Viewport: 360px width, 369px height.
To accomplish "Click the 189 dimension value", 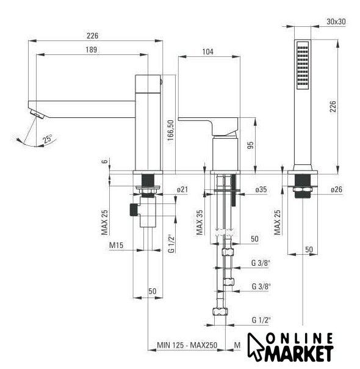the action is (x=91, y=49).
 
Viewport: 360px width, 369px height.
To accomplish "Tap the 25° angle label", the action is (x=48, y=139).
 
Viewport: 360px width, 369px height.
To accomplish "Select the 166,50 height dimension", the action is (x=171, y=130).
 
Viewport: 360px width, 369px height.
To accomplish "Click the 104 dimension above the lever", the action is (x=207, y=52).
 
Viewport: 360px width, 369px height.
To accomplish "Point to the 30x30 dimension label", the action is (x=336, y=21).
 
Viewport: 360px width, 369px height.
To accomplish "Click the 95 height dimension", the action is (x=251, y=145).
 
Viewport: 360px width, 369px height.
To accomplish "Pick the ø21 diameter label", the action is (x=182, y=189).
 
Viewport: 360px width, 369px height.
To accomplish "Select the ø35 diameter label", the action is (x=261, y=189).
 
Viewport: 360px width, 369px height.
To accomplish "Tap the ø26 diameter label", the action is (x=336, y=189).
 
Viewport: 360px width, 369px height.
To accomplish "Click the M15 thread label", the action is (x=116, y=245).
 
